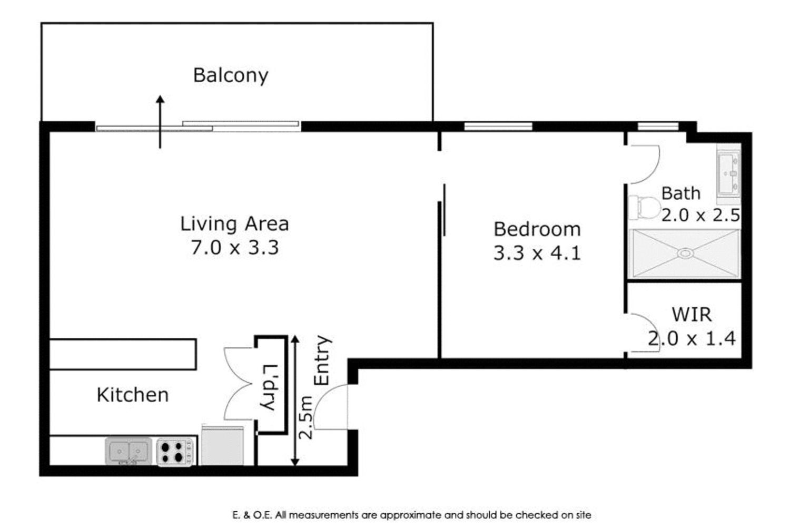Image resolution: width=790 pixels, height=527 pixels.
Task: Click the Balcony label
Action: coord(231,75)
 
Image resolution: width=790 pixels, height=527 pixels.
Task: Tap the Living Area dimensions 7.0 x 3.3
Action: coord(235,247)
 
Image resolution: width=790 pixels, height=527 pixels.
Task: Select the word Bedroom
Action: coord(537,229)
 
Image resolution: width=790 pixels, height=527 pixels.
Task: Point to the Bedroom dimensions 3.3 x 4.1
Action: coord(537,253)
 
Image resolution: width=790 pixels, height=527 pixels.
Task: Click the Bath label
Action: coord(680,193)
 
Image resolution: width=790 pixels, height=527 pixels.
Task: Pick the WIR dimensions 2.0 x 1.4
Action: coord(692,338)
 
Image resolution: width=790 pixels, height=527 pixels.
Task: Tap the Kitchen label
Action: coord(133,395)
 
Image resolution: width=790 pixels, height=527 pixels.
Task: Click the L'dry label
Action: coord(270,387)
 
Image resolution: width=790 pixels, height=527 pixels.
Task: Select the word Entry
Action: coord(322,360)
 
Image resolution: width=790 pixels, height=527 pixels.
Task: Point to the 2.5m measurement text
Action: coord(305,417)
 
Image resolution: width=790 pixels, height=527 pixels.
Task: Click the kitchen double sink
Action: coord(129,451)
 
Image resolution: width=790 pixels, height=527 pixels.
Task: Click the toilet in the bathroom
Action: coord(644,208)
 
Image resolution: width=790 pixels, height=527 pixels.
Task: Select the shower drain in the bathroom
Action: coord(685,253)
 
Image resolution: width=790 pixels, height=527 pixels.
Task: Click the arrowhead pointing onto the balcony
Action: coord(160,100)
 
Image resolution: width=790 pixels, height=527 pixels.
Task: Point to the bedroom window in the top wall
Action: coord(498,126)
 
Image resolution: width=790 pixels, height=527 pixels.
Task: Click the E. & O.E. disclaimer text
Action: coord(411,515)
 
